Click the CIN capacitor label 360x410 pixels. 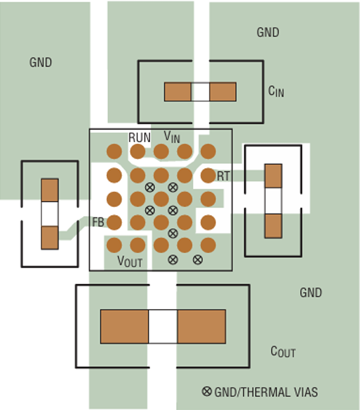point(276,91)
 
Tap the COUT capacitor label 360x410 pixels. point(283,351)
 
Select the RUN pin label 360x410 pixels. point(140,138)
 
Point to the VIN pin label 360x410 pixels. point(172,137)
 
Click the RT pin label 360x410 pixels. point(224,176)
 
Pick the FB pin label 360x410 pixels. point(98,222)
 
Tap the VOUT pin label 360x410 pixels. point(130,261)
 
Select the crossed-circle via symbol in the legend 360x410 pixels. point(207,392)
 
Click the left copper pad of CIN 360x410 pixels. point(177,92)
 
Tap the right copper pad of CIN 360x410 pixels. point(223,92)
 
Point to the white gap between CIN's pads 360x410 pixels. point(200,92)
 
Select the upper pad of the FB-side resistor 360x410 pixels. point(50,190)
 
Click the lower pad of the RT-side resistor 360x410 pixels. point(273,226)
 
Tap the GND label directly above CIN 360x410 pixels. point(267,33)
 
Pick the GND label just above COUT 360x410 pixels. point(310,293)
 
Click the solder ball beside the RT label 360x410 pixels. point(208,175)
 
